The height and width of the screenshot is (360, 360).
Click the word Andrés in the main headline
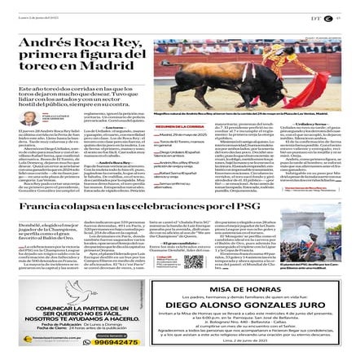[x=39, y=42]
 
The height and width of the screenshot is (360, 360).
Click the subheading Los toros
[x=114, y=126]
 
